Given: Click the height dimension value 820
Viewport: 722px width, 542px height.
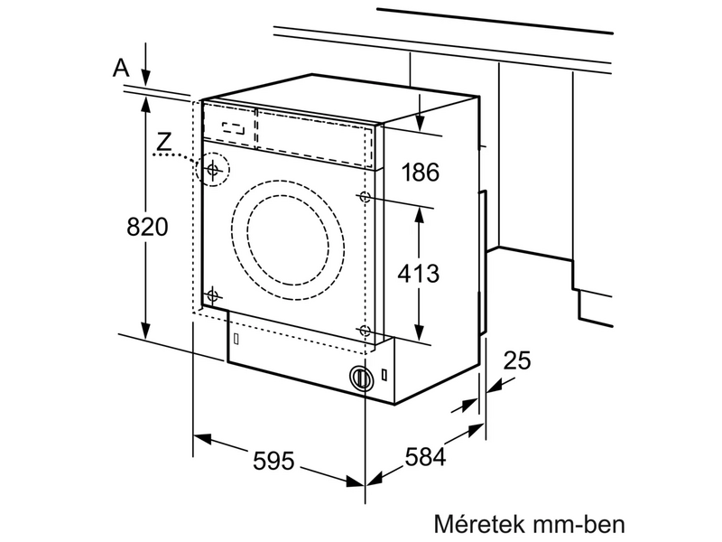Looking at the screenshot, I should [147, 228].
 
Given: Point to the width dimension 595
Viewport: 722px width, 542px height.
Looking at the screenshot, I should [274, 461].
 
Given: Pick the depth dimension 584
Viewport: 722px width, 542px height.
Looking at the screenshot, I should [424, 457].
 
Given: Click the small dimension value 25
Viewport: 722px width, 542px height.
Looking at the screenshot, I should [516, 361].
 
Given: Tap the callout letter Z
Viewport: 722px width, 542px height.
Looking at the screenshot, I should [162, 141].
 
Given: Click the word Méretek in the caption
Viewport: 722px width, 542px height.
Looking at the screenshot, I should [476, 524].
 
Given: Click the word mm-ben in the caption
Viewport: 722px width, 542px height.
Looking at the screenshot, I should [579, 524].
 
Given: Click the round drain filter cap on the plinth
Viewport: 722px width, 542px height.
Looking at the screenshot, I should [362, 378].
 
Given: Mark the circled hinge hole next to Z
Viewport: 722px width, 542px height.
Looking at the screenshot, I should [214, 169].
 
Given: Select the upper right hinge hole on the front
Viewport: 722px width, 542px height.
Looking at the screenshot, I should [365, 197].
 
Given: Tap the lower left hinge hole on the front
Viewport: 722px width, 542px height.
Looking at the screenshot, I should [214, 294].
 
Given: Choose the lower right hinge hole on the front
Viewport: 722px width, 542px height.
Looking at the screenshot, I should [365, 331].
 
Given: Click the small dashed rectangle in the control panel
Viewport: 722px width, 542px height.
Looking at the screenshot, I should [234, 127].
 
